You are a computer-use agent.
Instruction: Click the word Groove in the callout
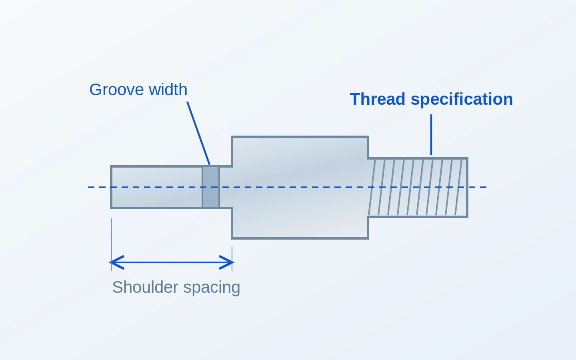pyautogui.click(x=116, y=90)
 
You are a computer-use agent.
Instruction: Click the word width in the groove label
pyautogui.click(x=168, y=90)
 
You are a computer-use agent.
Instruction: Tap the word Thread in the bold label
pyautogui.click(x=378, y=99)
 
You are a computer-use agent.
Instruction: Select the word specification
pyautogui.click(x=462, y=100)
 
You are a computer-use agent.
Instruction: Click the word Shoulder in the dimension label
pyautogui.click(x=145, y=287)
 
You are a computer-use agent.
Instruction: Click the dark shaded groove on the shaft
pyautogui.click(x=210, y=187)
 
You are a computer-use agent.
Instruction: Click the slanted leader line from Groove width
pyautogui.click(x=198, y=133)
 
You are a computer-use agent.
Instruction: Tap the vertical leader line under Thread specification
pyautogui.click(x=431, y=135)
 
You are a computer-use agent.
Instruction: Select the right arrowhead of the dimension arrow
pyautogui.click(x=227, y=262)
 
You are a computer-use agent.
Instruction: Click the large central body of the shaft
pyautogui.click(x=300, y=188)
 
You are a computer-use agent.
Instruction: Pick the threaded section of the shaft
pyautogui.click(x=418, y=188)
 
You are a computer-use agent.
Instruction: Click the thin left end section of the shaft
pyautogui.click(x=157, y=187)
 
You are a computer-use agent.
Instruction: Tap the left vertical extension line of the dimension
pyautogui.click(x=111, y=244)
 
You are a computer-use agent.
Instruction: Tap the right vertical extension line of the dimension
pyautogui.click(x=232, y=259)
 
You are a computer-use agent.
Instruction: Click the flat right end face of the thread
pyautogui.click(x=467, y=188)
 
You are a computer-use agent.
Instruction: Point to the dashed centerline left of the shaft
pyautogui.click(x=99, y=187)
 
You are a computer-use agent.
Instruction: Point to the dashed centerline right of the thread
pyautogui.click(x=477, y=187)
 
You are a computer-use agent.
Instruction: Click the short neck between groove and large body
pyautogui.click(x=226, y=187)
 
